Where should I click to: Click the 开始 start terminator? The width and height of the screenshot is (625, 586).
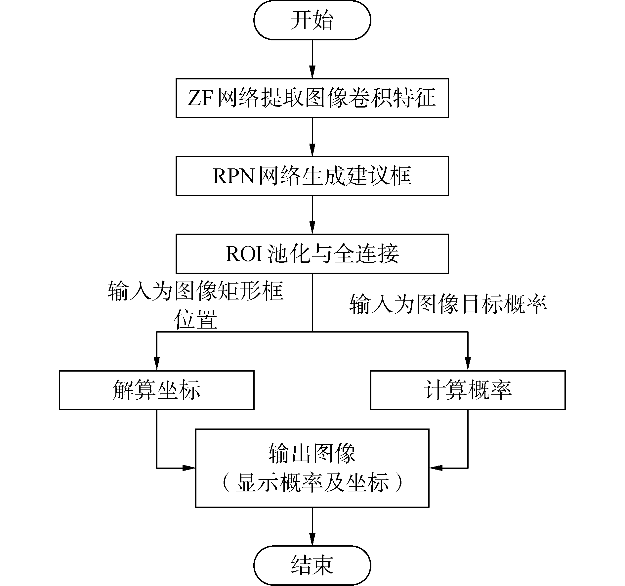pos(312,21)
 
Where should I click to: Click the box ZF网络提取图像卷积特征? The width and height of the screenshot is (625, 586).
pos(312,98)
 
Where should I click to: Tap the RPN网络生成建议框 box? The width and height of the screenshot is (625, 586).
pos(312,176)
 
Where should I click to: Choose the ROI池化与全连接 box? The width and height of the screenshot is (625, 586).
pos(312,253)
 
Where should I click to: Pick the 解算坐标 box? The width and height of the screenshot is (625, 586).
pos(156,390)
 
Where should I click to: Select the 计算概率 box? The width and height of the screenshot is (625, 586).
pos(468,390)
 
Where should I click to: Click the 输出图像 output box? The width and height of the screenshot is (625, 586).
pos(312,468)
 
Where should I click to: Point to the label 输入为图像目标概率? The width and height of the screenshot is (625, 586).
pos(448,304)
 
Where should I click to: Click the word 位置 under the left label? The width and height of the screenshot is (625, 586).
pos(196,319)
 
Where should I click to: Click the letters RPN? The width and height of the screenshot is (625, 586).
pos(233,176)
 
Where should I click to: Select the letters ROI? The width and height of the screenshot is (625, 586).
pos(244,254)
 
